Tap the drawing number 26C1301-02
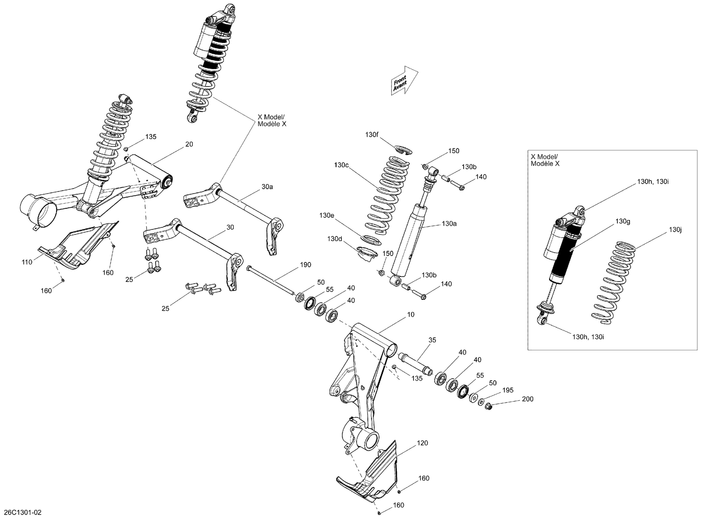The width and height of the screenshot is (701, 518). [x=22, y=512]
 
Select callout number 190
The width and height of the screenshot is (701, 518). [x=305, y=265]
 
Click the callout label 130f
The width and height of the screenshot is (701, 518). [x=372, y=135]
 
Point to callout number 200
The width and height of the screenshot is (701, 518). [x=527, y=399]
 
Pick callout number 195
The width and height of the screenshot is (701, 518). [x=508, y=390]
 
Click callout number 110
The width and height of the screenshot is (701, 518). [x=27, y=262]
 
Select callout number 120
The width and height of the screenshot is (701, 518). [x=422, y=443]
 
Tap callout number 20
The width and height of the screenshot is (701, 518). [x=189, y=144]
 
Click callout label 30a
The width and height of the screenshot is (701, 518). [x=267, y=186]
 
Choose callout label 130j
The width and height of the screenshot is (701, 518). [x=675, y=229]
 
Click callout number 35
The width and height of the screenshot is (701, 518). [x=432, y=340]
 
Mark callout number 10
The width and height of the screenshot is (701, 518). [x=410, y=315]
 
